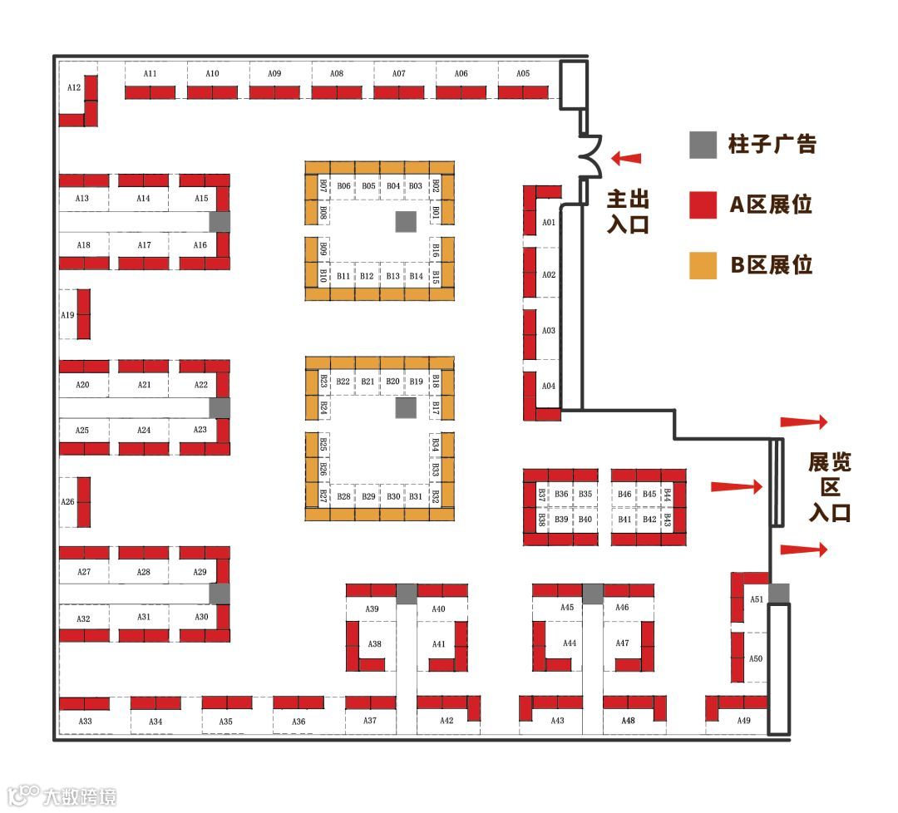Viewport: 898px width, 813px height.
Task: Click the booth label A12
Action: (74, 87)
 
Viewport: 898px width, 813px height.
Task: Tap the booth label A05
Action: (522, 74)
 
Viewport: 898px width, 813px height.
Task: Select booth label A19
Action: (67, 315)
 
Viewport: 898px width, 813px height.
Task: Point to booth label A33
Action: (85, 721)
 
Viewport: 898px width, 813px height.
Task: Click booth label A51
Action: (756, 599)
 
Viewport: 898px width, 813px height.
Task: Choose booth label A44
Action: (569, 643)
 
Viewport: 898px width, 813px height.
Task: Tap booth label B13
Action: (392, 275)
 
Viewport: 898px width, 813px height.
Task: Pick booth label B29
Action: (368, 496)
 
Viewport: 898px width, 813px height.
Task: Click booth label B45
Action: (649, 494)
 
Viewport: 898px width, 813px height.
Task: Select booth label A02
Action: (548, 274)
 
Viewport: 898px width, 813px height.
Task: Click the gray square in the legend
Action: (703, 145)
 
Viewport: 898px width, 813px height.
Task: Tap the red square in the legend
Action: (703, 204)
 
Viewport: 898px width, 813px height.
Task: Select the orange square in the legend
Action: (703, 265)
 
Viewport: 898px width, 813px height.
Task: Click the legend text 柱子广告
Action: (772, 145)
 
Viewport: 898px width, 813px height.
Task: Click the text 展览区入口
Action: (830, 487)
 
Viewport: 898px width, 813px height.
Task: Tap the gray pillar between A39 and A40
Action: (406, 593)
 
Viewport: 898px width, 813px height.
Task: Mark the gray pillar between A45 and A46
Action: (592, 593)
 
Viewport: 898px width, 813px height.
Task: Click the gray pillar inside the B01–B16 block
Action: (405, 221)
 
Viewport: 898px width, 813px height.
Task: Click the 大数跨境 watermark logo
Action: (62, 796)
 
